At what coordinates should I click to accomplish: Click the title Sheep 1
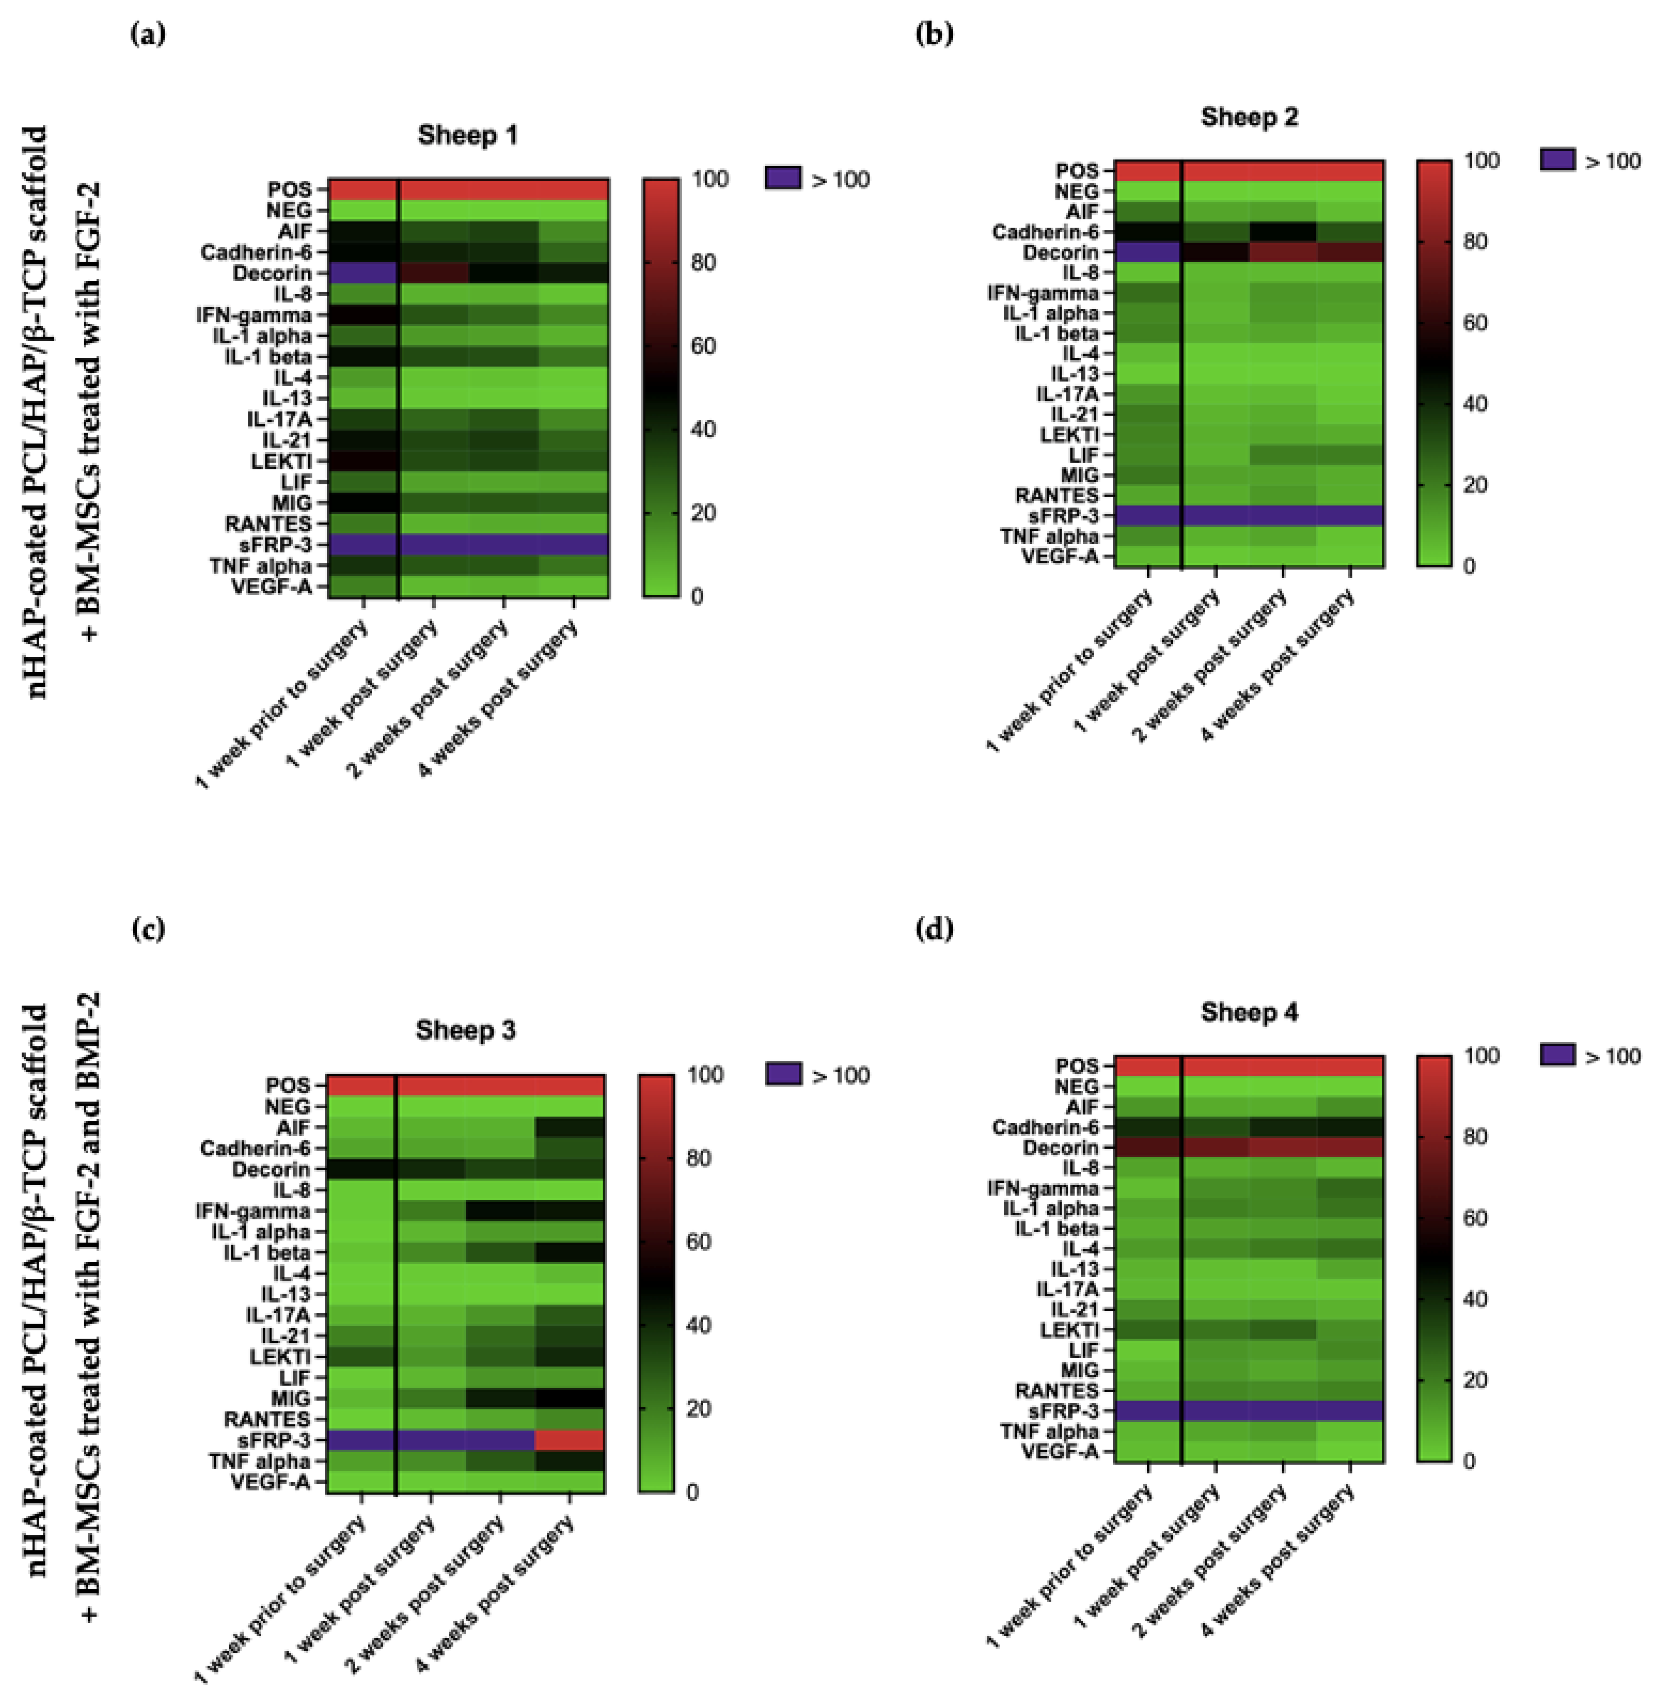(467, 135)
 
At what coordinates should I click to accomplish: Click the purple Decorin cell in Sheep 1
(363, 273)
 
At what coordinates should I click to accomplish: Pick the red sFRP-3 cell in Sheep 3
(569, 1440)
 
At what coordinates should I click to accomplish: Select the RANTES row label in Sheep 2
(1056, 496)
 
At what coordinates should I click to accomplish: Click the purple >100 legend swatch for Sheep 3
(783, 1074)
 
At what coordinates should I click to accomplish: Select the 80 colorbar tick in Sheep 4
(1475, 1137)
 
